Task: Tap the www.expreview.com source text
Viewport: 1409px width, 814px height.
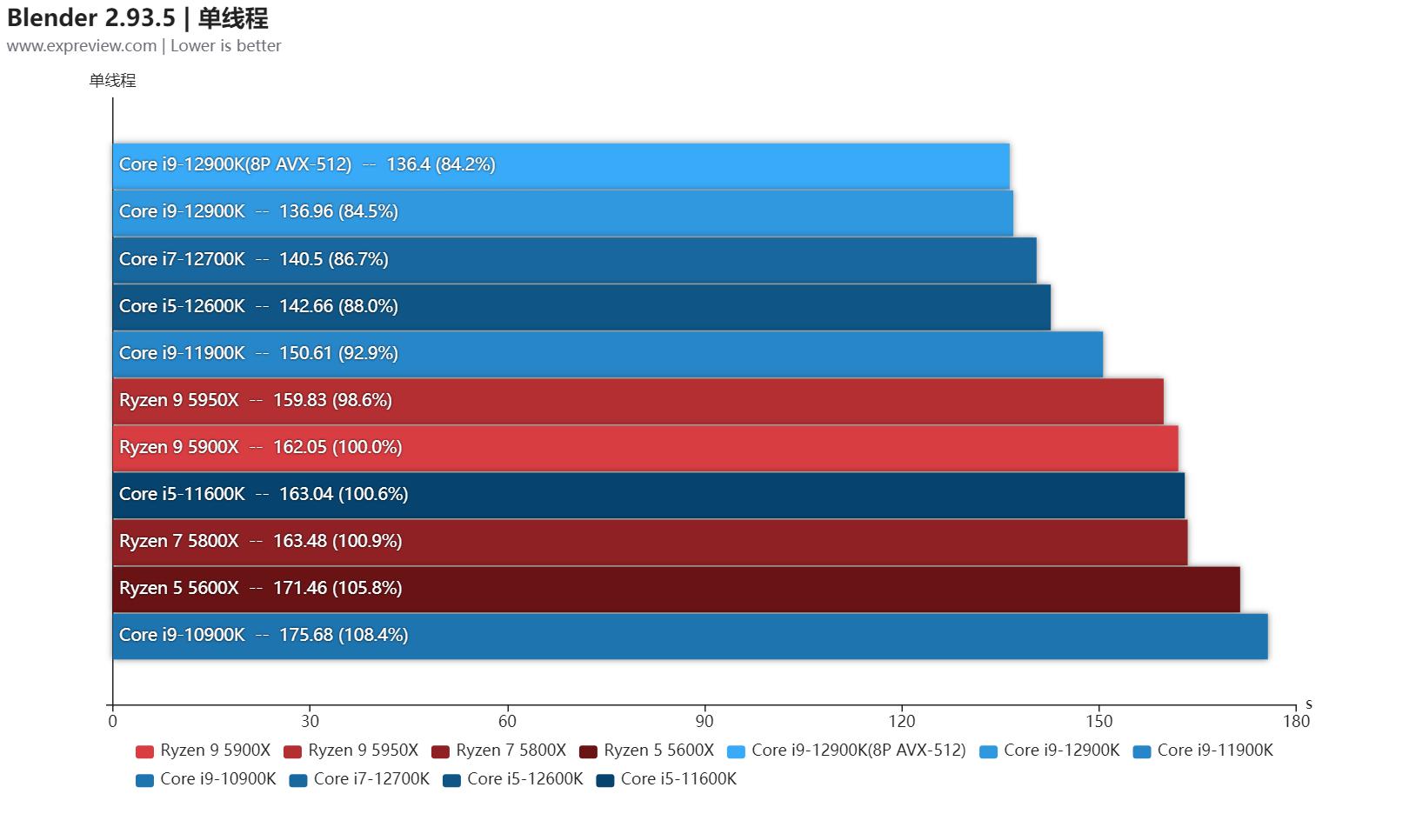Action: [x=82, y=46]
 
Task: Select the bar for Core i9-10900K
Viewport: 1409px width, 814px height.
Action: [x=690, y=636]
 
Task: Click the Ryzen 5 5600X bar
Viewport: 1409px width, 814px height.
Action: [x=676, y=589]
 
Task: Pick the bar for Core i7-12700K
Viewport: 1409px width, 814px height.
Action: [x=574, y=260]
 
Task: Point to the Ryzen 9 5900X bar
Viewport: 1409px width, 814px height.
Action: [x=645, y=448]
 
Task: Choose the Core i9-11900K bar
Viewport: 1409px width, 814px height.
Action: [x=607, y=354]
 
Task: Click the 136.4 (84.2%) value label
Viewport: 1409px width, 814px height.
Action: [x=441, y=164]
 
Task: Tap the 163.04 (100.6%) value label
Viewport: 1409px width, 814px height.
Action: [x=344, y=494]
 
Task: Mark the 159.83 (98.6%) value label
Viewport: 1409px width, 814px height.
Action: [x=332, y=400]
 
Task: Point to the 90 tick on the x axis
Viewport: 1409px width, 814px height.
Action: [x=704, y=721]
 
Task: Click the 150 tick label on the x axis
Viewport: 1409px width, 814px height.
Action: [x=1099, y=721]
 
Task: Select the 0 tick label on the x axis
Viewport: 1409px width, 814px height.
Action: [x=113, y=721]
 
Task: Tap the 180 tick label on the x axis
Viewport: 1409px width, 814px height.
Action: [x=1296, y=721]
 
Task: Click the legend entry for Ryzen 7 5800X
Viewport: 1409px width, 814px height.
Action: [x=499, y=751]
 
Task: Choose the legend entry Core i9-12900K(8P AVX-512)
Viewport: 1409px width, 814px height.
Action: [x=846, y=751]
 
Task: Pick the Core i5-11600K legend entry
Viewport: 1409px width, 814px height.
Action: [x=666, y=779]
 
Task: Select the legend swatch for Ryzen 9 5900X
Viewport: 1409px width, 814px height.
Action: [x=145, y=751]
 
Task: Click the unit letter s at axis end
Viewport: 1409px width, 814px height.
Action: [x=1308, y=704]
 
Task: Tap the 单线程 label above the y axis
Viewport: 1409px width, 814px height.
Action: [x=113, y=81]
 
